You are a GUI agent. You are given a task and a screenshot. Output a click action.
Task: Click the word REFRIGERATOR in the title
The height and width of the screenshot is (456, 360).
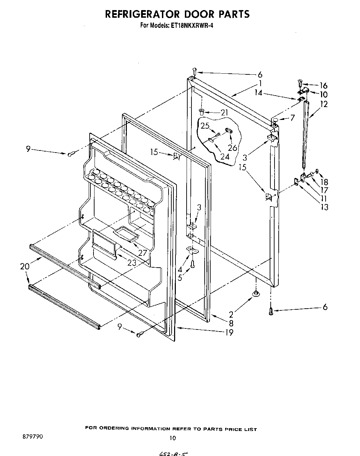coord(142,14)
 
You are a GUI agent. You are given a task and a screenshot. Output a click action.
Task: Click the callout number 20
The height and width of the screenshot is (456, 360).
coord(25,267)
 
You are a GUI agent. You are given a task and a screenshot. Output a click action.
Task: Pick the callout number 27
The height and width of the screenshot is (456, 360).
coord(142,253)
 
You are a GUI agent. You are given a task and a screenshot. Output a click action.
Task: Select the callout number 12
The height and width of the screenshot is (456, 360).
coord(324,104)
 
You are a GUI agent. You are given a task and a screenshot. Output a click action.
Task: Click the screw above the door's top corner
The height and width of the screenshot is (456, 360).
coord(195,71)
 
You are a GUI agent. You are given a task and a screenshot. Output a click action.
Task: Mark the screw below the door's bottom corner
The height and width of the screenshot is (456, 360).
coord(271,312)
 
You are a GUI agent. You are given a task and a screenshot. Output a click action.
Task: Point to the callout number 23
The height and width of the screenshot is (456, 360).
coord(132,263)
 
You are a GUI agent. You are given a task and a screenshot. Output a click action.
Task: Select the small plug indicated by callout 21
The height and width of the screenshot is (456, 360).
coord(202,112)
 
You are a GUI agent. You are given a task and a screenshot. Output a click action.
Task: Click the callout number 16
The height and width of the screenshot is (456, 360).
coord(324,85)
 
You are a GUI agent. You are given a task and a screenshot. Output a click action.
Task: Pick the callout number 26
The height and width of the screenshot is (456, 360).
coord(232,147)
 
